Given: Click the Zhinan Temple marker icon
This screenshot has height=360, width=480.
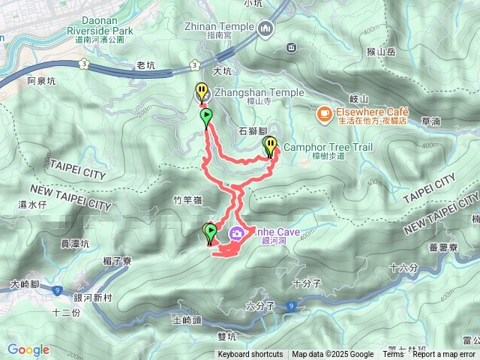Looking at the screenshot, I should tap(265, 29).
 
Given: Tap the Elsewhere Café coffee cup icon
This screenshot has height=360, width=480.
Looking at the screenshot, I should tap(323, 113).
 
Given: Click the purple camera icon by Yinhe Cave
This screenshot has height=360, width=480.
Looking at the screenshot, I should tap(237, 233).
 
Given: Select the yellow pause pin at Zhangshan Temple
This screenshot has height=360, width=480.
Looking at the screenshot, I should tap(202, 92).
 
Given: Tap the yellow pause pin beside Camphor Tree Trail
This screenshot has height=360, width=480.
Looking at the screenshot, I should tap(270, 145).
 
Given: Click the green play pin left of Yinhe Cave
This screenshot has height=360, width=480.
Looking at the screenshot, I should tap(211, 232).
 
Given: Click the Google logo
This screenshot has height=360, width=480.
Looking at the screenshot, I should tap(28, 349).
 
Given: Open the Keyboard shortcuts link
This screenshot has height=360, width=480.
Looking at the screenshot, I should tap(250, 355).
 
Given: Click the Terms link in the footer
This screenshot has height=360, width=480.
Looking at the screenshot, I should tap(393, 355).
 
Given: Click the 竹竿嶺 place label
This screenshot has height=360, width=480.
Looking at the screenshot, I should tap(187, 200).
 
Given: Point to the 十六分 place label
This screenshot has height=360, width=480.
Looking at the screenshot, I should tap(403, 267).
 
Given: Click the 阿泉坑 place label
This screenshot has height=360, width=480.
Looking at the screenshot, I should tap(41, 80).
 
